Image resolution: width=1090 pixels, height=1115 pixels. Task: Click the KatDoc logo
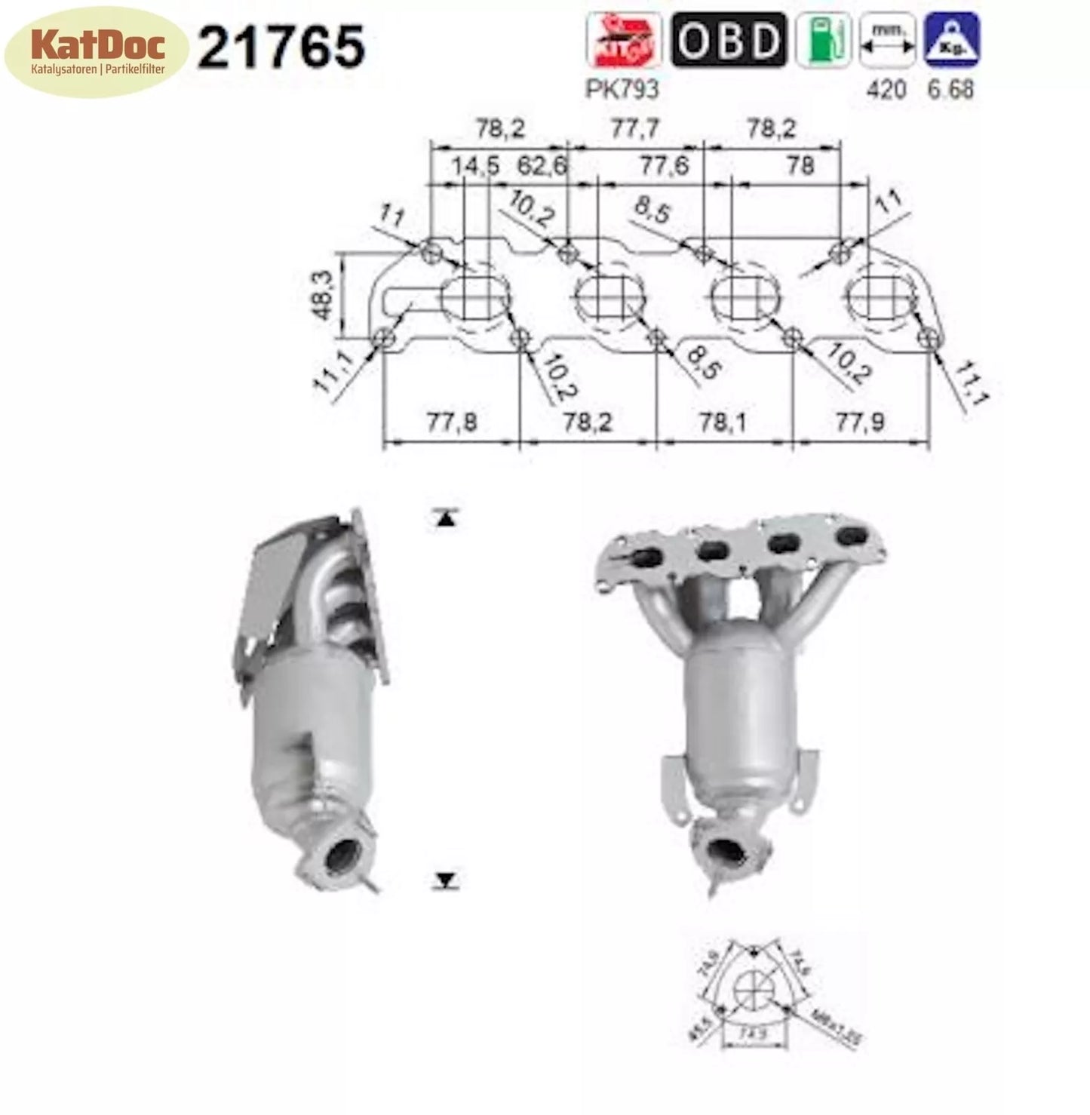click(96, 52)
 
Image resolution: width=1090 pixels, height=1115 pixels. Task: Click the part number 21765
click(281, 47)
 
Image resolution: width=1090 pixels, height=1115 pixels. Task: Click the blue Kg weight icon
click(952, 40)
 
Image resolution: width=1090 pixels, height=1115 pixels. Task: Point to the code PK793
click(622, 90)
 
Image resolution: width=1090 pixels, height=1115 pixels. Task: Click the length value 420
click(886, 90)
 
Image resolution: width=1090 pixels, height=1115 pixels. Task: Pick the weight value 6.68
click(950, 90)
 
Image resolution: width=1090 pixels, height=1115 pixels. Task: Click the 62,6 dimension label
click(541, 164)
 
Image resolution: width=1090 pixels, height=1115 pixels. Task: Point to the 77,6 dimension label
click(664, 164)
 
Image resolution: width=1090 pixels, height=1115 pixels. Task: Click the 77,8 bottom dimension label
click(452, 422)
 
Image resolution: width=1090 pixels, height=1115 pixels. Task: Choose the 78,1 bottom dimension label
click(723, 422)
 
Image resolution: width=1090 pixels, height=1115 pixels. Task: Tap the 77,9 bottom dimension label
click(859, 422)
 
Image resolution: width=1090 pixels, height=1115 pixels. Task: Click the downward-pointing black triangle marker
click(446, 880)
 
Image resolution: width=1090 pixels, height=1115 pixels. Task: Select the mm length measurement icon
click(888, 40)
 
